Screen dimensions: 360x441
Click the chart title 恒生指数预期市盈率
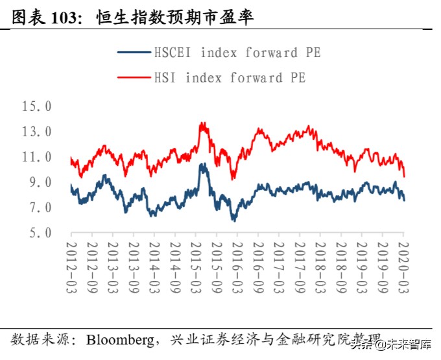(174, 18)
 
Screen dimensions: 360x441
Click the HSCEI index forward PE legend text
(237, 53)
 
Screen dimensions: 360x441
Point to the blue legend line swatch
(134, 53)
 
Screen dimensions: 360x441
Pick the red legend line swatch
(134, 78)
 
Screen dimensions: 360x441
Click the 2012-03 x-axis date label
(71, 267)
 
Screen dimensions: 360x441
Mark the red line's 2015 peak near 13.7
(202, 123)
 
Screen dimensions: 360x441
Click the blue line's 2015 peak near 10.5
(202, 164)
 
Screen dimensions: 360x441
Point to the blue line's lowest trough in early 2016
(234, 221)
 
